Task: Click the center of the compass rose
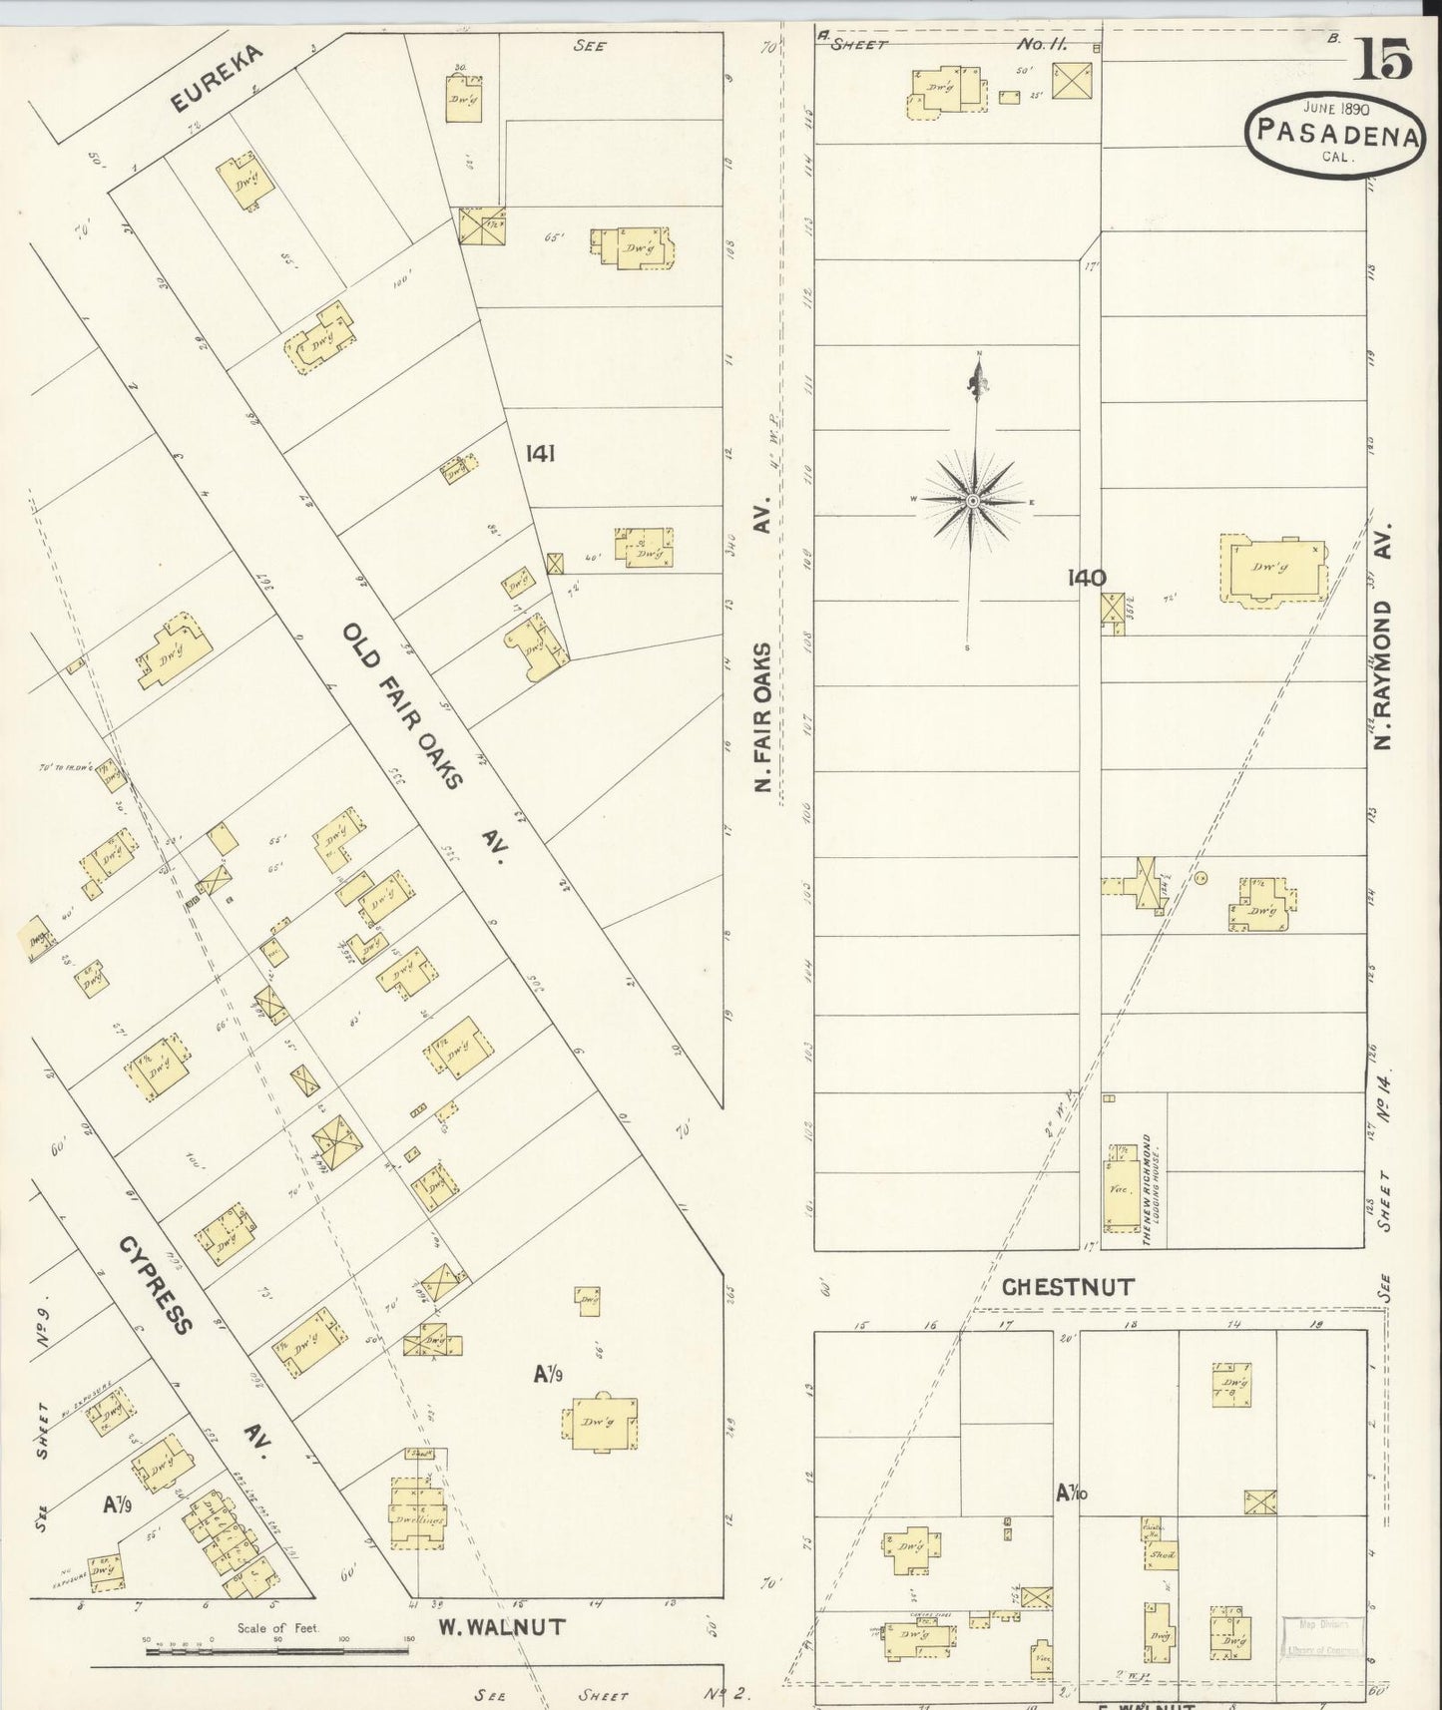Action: point(973,500)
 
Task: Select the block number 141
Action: point(540,455)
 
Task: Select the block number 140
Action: point(1086,577)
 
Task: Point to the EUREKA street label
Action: point(216,78)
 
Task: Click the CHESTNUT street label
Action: point(1068,1287)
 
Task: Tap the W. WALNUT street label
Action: point(502,1627)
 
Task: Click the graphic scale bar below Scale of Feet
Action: point(276,1651)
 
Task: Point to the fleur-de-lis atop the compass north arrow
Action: point(977,379)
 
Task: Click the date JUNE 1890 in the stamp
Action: point(1335,108)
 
